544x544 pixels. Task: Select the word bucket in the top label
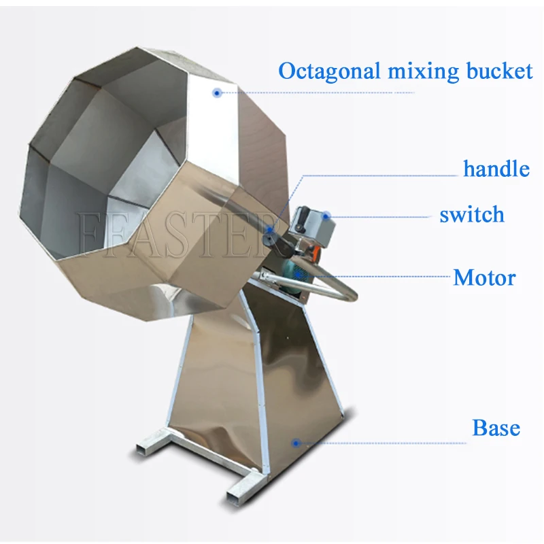(x=489, y=71)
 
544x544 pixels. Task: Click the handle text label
(x=496, y=168)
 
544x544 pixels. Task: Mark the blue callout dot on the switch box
(x=326, y=217)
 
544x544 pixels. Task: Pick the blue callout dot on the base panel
(x=295, y=443)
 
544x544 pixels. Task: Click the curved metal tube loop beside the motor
(x=340, y=289)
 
